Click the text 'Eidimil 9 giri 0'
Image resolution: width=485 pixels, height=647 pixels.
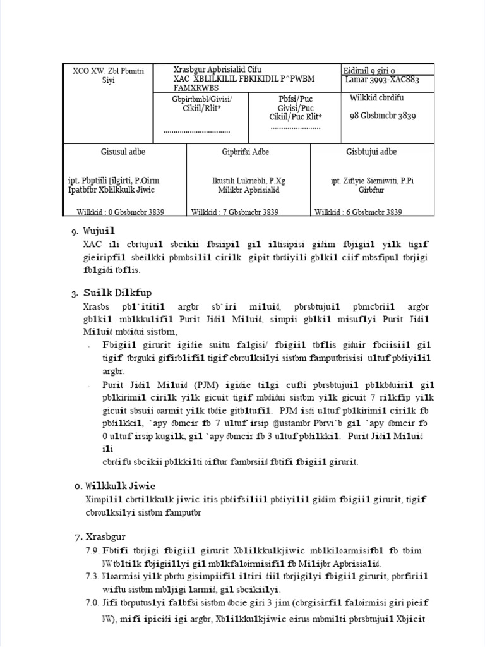tap(369, 71)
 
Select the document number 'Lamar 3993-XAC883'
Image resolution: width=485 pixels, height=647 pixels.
tap(382, 80)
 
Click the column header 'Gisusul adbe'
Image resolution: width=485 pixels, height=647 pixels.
tap(123, 152)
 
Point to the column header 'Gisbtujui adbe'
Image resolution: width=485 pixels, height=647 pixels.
tap(371, 152)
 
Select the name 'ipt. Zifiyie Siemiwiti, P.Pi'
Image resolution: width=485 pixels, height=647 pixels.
tap(372, 181)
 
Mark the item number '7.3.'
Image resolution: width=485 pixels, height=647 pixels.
tap(94, 577)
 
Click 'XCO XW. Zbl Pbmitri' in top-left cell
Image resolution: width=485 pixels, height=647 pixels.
tap(108, 71)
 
